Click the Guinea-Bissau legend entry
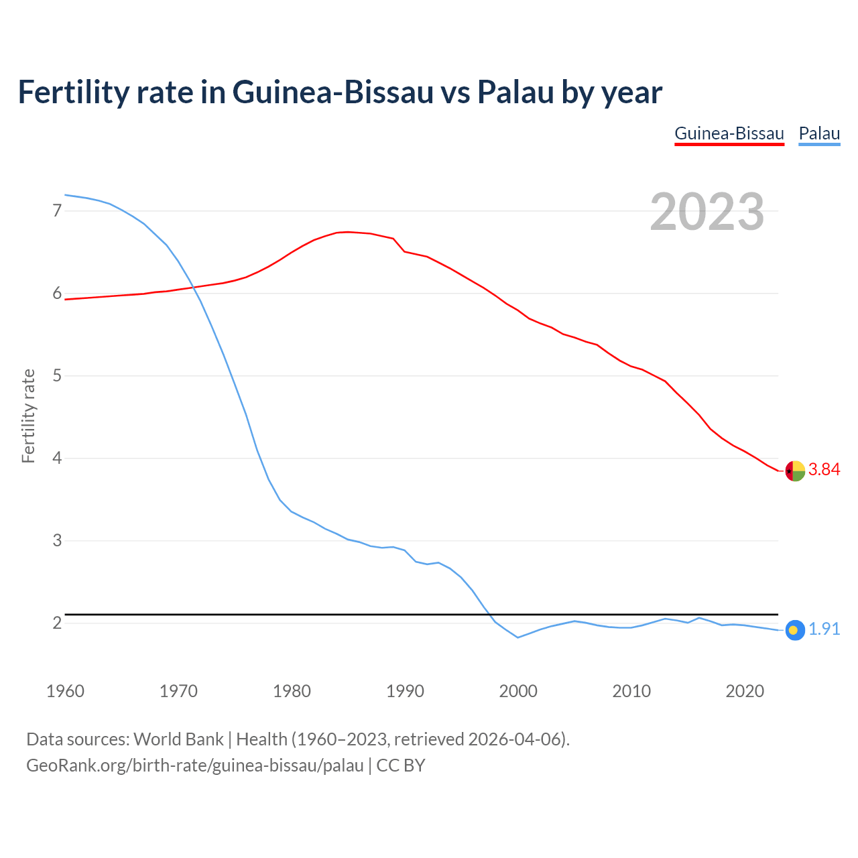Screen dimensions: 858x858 click(x=729, y=133)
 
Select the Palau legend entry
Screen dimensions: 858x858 click(x=819, y=133)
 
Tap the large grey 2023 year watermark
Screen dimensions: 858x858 click(x=707, y=212)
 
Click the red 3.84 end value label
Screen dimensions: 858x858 click(x=824, y=470)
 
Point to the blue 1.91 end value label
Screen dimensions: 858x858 click(x=824, y=629)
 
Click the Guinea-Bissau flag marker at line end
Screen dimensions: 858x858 click(x=794, y=471)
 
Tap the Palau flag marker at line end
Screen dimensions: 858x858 click(x=794, y=630)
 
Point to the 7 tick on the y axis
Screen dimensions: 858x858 click(x=57, y=211)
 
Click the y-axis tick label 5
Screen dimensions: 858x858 click(x=57, y=376)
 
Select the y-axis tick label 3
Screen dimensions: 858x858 click(x=57, y=541)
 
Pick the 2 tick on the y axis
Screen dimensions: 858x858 click(x=57, y=623)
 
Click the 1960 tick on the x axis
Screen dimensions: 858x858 click(x=65, y=691)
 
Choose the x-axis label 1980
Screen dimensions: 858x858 click(x=292, y=691)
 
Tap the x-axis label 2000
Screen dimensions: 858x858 click(x=518, y=691)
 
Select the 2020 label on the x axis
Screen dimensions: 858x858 click(x=745, y=691)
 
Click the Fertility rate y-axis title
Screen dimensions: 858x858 click(x=28, y=416)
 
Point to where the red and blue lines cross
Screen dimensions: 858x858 click(x=193, y=288)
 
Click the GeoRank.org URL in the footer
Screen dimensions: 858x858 click(x=194, y=765)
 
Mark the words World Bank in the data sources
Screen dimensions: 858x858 click(x=178, y=739)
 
